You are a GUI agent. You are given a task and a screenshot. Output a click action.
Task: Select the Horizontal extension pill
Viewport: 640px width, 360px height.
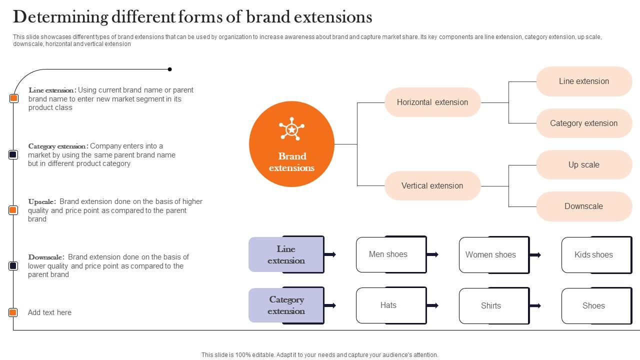(432, 102)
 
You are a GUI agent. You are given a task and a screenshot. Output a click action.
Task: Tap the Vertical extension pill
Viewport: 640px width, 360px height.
(432, 186)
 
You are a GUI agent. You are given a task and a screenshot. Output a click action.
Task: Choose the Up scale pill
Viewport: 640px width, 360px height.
(583, 165)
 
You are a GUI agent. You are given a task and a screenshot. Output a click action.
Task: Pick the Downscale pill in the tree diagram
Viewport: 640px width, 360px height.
(583, 206)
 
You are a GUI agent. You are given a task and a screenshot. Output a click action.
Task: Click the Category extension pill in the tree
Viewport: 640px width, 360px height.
(583, 123)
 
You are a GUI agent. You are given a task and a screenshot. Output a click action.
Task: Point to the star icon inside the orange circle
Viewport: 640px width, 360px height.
(291, 129)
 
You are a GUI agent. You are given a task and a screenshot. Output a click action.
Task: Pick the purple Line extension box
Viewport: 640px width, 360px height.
(286, 254)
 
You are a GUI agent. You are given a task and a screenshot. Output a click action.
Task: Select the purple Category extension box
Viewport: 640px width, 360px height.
(286, 305)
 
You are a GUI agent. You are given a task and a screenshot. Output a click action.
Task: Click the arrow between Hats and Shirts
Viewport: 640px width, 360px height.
(433, 305)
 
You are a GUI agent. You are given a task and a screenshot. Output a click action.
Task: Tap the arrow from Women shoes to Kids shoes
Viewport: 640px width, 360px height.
(535, 255)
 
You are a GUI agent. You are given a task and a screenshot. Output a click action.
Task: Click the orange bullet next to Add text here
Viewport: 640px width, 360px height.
(13, 312)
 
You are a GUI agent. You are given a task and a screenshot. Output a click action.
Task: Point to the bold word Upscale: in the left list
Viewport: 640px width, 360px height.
(42, 202)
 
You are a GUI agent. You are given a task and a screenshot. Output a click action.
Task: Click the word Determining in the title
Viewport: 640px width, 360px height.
(60, 17)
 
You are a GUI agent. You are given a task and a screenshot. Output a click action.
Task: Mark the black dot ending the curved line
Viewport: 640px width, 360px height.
(170, 69)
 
